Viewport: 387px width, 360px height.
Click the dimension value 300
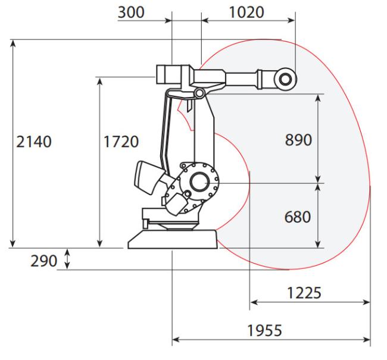(131, 12)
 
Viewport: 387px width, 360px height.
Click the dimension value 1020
(246, 12)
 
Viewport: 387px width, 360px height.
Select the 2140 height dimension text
(34, 142)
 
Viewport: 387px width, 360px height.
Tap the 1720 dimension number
(121, 142)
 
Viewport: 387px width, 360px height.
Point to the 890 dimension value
(298, 140)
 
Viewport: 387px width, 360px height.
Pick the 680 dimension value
(298, 217)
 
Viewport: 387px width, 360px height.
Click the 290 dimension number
(43, 261)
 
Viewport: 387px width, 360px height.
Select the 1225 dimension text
(304, 293)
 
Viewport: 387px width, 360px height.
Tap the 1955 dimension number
(264, 330)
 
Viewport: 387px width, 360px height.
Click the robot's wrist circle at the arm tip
(285, 79)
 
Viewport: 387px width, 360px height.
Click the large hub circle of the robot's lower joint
(199, 181)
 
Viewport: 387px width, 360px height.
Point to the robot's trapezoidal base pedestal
(173, 239)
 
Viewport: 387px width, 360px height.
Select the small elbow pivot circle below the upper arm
(199, 93)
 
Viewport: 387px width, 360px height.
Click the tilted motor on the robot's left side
(148, 177)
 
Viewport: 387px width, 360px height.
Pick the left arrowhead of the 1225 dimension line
(254, 302)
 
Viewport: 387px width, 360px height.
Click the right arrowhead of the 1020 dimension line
(291, 20)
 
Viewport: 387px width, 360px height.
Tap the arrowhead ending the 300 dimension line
(168, 20)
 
